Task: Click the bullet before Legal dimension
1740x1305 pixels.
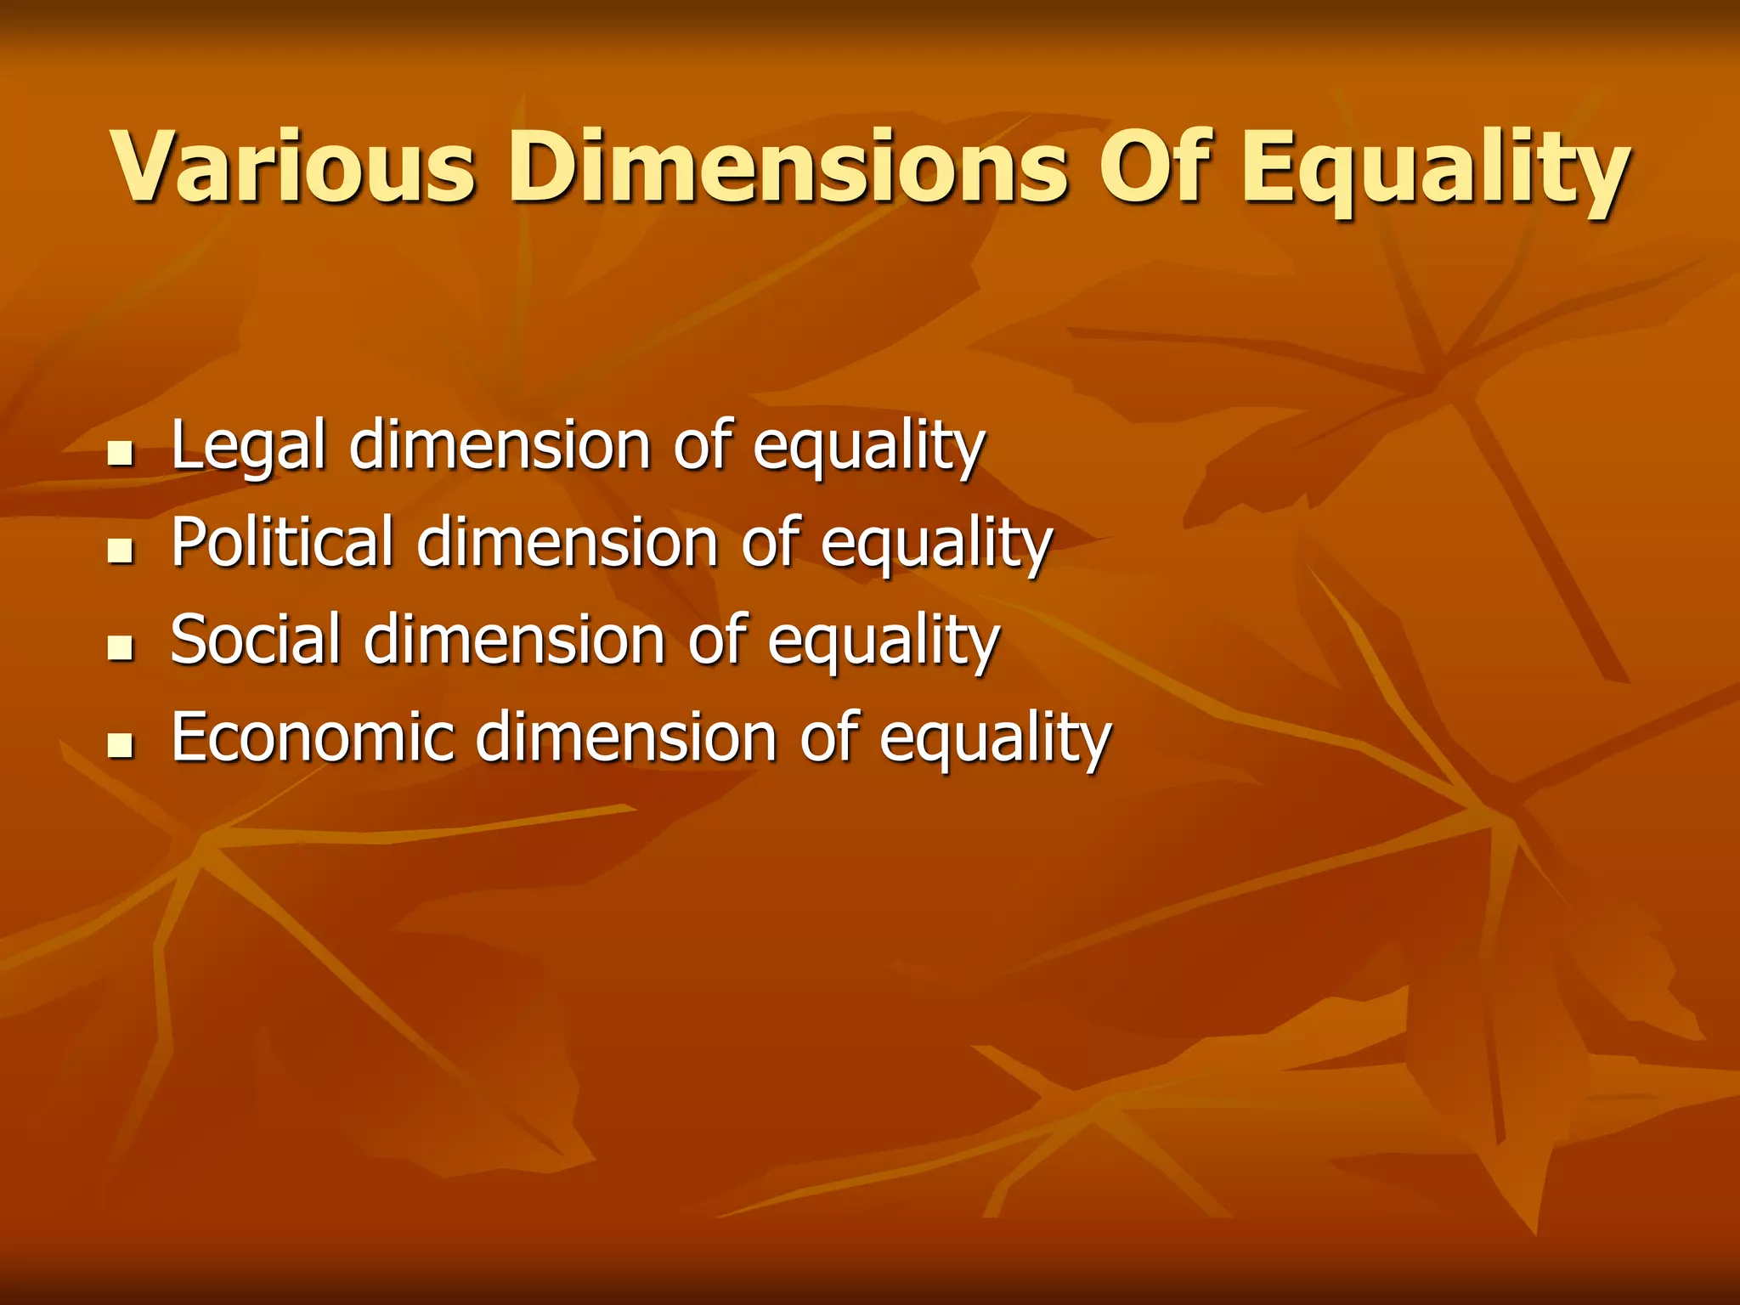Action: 122,454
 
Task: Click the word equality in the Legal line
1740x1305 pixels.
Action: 868,449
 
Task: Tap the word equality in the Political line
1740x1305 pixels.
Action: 936,545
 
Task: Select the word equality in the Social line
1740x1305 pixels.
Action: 884,643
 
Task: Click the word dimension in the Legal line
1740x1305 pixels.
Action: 500,446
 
